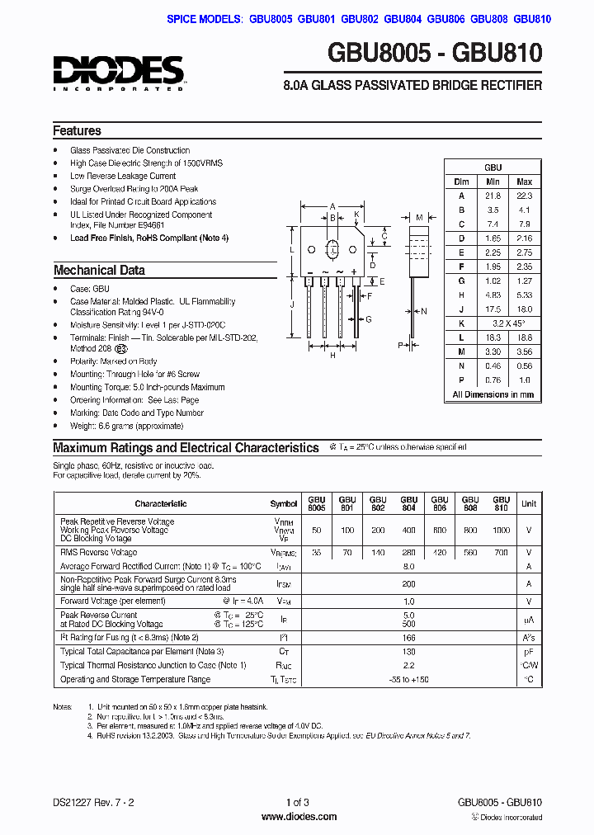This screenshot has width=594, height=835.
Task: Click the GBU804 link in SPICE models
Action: [403, 19]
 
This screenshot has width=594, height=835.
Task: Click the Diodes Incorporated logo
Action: [119, 73]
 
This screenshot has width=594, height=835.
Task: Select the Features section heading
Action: [78, 130]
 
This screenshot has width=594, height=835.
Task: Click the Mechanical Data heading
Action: [99, 270]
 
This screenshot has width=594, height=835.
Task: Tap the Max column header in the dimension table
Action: [524, 182]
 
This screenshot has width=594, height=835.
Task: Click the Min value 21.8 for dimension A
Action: [493, 196]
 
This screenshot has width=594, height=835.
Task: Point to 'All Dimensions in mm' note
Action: [493, 394]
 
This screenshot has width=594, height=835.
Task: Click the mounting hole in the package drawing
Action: [333, 248]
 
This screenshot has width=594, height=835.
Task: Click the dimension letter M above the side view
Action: [419, 218]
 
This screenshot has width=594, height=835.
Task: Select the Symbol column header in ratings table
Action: [284, 503]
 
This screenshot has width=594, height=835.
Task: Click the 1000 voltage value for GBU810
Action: [501, 530]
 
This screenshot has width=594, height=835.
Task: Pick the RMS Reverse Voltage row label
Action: [99, 552]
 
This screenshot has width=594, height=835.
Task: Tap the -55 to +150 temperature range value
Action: [408, 679]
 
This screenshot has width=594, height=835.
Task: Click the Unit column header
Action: [528, 503]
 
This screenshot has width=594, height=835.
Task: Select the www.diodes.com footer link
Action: [298, 817]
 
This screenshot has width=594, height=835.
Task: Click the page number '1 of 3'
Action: [297, 802]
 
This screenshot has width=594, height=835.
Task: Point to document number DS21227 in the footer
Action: [72, 802]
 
